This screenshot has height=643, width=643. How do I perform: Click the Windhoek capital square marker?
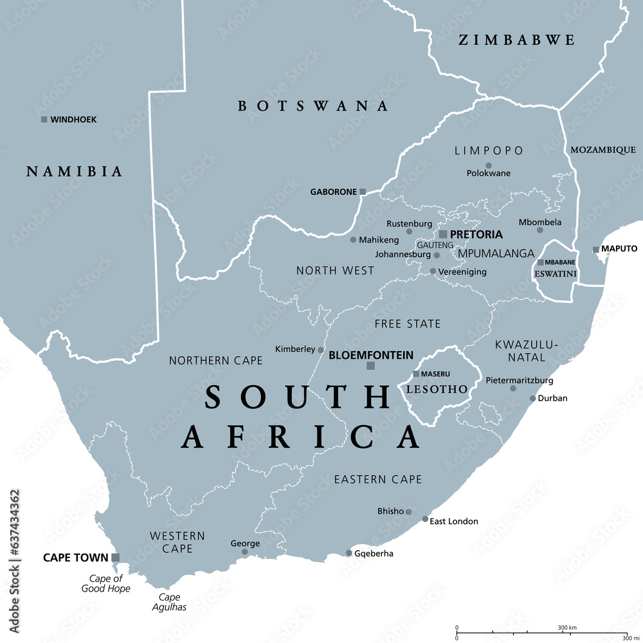click(44, 119)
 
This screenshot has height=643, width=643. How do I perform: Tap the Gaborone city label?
click(333, 192)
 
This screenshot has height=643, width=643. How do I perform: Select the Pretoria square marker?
click(443, 234)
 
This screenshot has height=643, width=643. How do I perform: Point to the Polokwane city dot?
click(488, 165)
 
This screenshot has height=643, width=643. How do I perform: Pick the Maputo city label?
click(619, 248)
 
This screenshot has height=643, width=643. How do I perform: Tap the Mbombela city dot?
click(539, 230)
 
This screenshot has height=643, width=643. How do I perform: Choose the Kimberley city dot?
click(320, 350)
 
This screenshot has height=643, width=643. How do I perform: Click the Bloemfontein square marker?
click(370, 366)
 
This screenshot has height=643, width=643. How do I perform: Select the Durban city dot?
click(532, 399)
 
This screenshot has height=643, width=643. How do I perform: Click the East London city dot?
click(425, 519)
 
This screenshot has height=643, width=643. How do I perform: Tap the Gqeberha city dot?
click(349, 553)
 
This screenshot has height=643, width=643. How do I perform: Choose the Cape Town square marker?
click(115, 557)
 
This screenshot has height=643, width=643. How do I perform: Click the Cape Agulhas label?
click(169, 602)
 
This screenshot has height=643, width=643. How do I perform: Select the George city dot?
click(244, 552)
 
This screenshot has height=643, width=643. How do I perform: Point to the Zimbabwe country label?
click(516, 40)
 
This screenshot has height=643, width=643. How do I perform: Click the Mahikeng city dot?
click(353, 240)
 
